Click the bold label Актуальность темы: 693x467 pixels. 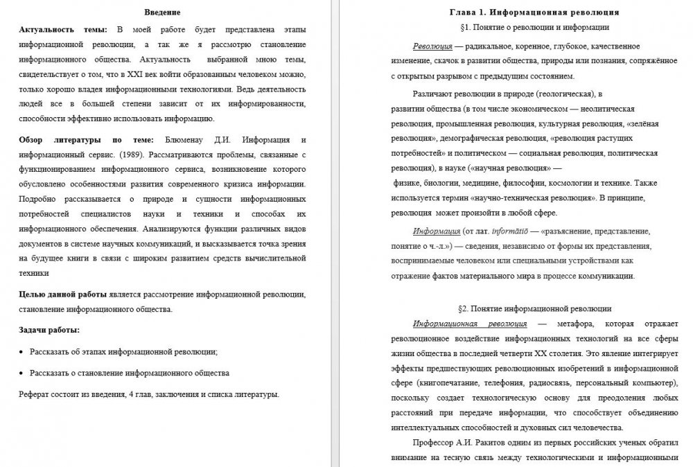63,29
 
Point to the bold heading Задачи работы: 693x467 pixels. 49,330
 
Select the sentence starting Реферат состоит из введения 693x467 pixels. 149,394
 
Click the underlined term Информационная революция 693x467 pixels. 470,324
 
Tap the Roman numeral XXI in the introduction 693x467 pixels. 130,74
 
